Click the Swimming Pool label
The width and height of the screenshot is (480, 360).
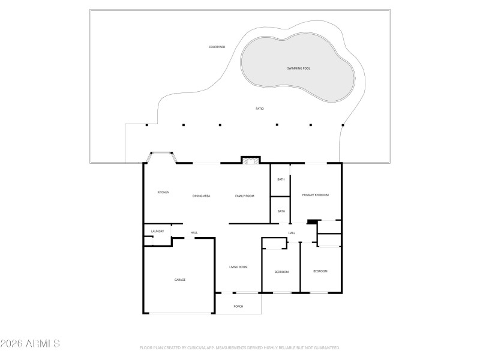pos(298,69)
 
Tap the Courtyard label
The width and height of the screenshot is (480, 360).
pos(217,47)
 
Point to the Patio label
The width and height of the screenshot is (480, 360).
pos(260,109)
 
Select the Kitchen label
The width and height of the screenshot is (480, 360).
pos(163,192)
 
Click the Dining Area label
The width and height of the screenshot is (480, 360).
pos(201,196)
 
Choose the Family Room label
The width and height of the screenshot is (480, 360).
pos(244,196)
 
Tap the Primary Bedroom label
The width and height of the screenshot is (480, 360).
pos(315,195)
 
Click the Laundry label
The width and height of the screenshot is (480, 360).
pos(157,231)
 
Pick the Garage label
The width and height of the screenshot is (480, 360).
pos(179,280)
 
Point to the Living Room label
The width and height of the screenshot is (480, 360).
pos(238,267)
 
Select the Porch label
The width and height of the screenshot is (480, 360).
pos(238,307)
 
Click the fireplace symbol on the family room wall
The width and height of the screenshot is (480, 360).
pos(251,160)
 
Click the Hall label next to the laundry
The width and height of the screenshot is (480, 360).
pos(194,233)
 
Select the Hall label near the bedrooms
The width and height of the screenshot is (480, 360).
pos(292,233)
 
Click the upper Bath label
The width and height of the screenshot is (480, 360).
pos(280,179)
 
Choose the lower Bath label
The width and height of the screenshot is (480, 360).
pos(280,211)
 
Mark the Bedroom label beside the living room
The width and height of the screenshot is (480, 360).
pos(281,272)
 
